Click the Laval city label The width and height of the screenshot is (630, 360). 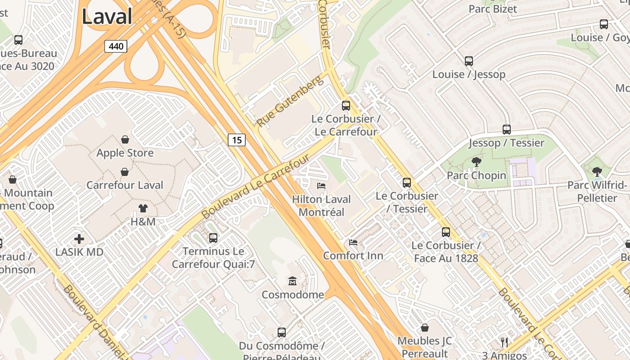click(x=107, y=17)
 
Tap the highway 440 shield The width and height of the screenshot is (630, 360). click(x=116, y=46)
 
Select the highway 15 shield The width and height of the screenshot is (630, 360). click(x=237, y=140)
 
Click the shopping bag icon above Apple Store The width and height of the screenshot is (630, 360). click(x=125, y=140)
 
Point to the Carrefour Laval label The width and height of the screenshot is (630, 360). click(x=125, y=185)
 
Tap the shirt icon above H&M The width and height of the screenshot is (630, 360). click(x=143, y=208)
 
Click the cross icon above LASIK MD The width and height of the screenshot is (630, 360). click(x=79, y=239)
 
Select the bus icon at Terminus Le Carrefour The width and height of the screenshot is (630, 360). click(x=213, y=238)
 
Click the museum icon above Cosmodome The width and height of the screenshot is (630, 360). click(x=292, y=281)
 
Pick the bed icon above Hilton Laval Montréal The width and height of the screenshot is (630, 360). click(x=321, y=185)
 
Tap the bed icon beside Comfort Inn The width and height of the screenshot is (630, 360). click(x=353, y=243)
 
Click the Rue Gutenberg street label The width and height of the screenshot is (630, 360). click(x=290, y=102)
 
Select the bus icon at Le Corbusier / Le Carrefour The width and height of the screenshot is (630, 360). click(x=346, y=106)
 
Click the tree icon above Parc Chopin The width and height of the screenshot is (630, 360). click(x=476, y=162)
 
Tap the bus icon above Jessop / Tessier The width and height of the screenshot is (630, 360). click(x=507, y=130)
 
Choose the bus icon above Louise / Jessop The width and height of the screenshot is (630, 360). click(x=469, y=61)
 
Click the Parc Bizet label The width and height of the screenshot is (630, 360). click(x=493, y=9)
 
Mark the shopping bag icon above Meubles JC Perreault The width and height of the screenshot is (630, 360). click(x=425, y=328)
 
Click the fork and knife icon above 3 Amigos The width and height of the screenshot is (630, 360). click(x=504, y=342)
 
